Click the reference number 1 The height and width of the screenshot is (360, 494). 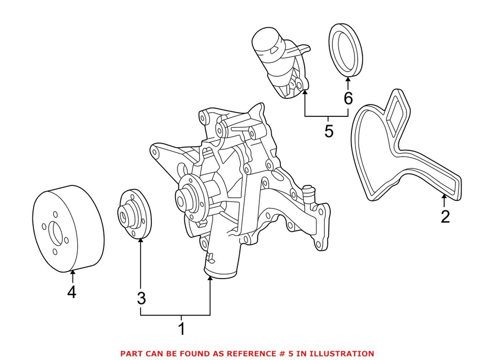181,329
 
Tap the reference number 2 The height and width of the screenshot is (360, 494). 445,216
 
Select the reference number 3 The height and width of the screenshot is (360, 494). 141,298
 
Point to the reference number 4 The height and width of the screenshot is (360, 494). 72,292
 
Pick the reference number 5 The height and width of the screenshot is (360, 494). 328,131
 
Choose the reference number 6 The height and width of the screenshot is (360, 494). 348,98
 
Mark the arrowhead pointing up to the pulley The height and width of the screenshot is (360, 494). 73,272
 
